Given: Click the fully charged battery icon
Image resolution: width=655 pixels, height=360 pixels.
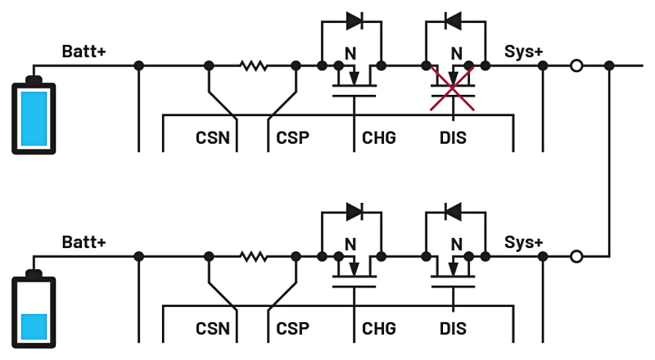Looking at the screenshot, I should pos(33,115).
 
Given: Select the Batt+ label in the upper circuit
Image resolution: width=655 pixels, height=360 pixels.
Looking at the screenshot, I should pos(84,52).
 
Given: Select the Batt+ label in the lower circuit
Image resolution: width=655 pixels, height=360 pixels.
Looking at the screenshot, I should pos(84,243).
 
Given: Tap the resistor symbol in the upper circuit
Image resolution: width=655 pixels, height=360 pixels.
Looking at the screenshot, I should pos(253,65).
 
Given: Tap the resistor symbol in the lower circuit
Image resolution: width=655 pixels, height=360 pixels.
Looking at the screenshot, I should pos(253,257).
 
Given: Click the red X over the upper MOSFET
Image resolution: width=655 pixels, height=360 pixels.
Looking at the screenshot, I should pos(456,89).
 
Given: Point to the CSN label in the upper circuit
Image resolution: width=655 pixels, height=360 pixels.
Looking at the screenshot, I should pos(212,137).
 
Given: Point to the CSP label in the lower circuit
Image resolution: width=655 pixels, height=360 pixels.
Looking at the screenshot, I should pos(292,329).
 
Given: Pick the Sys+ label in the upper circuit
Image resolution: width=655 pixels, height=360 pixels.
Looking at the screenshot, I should pos(523,52).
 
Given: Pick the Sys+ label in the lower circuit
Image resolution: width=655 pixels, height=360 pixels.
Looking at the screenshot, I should pos(523,243).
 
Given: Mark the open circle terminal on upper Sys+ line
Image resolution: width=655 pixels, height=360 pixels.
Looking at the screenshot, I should pos(576,65).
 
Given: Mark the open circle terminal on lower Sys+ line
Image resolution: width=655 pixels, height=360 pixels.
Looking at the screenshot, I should pos(576,257).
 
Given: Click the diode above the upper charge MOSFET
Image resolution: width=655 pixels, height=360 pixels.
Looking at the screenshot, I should pos(354,19).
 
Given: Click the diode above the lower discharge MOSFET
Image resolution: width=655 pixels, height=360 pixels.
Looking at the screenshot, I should pos(454,210).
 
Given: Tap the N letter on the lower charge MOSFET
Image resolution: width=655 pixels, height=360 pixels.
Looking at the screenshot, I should pos(350,244).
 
